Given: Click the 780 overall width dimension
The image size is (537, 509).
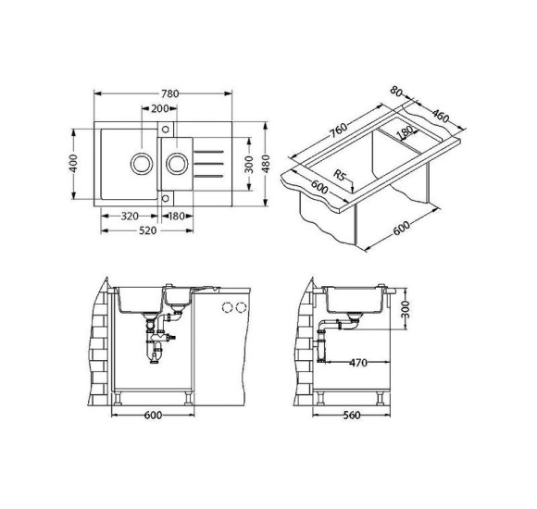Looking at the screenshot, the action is click(170, 93).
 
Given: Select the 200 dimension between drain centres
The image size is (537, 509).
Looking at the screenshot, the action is click(160, 108).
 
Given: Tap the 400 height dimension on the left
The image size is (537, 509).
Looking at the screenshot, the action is click(73, 163).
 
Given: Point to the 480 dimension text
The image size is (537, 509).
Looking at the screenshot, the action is click(266, 163).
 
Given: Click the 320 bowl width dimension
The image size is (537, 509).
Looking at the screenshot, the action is click(130, 216).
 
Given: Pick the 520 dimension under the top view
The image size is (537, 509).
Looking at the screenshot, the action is click(147, 230).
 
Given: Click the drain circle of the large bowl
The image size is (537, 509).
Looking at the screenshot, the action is click(141, 164).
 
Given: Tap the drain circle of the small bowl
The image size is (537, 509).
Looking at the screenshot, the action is click(177, 164).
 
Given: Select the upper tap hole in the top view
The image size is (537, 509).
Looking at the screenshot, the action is click(166, 130).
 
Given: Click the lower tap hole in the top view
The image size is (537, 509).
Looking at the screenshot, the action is click(166, 199).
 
